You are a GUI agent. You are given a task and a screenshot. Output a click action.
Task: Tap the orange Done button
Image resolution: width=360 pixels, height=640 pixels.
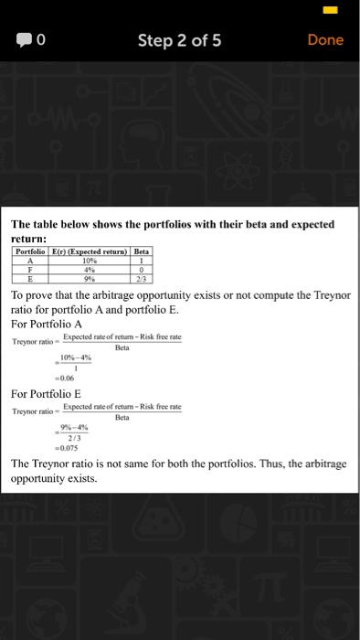click(x=325, y=40)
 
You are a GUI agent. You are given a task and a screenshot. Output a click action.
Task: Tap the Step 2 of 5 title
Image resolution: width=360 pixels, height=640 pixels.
click(x=179, y=40)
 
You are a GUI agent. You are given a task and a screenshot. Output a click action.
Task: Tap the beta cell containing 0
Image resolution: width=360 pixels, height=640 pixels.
click(x=141, y=268)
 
